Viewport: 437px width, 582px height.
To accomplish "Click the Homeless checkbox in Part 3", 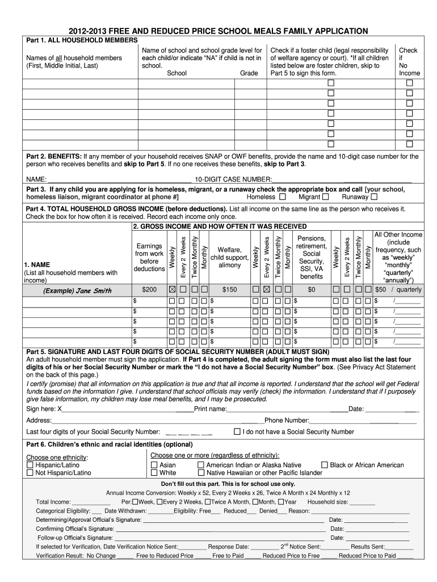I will pyautogui.click(x=282, y=197).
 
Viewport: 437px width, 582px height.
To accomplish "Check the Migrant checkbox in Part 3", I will pyautogui.click(x=325, y=197).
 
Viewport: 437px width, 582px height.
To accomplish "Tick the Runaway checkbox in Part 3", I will pyautogui.click(x=374, y=197).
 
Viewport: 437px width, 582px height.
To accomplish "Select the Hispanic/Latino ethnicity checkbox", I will pyautogui.click(x=30, y=465).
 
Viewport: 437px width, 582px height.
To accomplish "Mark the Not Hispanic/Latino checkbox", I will pyautogui.click(x=30, y=473).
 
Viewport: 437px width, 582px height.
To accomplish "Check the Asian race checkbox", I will pyautogui.click(x=154, y=465).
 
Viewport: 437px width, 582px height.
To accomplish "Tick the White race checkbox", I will pyautogui.click(x=154, y=473).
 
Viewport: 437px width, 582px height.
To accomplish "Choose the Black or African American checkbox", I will pyautogui.click(x=325, y=465).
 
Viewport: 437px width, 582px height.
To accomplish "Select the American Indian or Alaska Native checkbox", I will pyautogui.click(x=201, y=465).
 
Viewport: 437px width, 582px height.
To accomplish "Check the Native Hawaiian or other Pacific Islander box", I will pyautogui.click(x=201, y=473).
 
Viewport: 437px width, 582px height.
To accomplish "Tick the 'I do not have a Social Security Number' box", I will pyautogui.click(x=237, y=432).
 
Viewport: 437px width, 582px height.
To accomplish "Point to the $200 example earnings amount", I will pyautogui.click(x=149, y=290).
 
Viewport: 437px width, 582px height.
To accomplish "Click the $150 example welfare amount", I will pyautogui.click(x=229, y=290).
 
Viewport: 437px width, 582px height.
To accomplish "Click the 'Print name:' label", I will pyautogui.click(x=211, y=409).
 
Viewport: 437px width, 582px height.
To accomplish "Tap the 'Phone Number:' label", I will pyautogui.click(x=287, y=421).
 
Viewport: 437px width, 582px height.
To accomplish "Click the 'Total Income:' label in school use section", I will pyautogui.click(x=53, y=502).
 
